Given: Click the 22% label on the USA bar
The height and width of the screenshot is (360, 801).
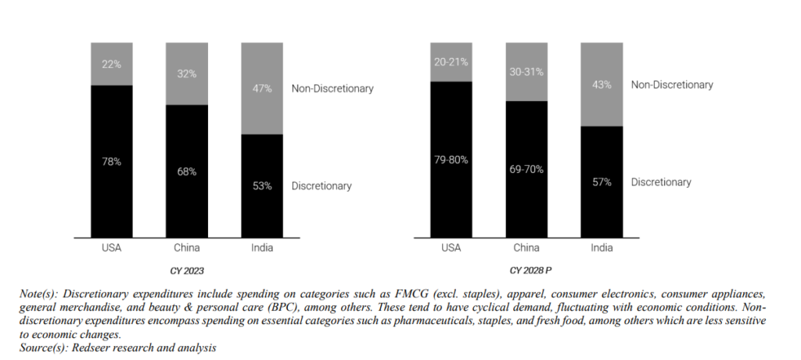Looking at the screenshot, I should pyautogui.click(x=111, y=64).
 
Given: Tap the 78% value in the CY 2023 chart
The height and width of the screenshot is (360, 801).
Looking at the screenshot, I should pyautogui.click(x=111, y=161).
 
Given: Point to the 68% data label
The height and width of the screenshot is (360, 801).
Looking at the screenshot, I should pyautogui.click(x=186, y=171).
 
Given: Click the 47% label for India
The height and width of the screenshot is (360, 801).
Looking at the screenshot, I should pyautogui.click(x=262, y=88).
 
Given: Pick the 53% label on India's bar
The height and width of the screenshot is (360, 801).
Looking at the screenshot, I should pyautogui.click(x=262, y=185).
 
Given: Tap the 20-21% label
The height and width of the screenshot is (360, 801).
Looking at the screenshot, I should pyautogui.click(x=451, y=61).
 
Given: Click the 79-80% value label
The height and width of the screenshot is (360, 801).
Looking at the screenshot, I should pyautogui.click(x=451, y=160).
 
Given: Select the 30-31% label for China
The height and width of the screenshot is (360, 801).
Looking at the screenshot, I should pyautogui.click(x=526, y=71).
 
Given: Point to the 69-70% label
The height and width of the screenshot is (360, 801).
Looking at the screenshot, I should pyautogui.click(x=526, y=168).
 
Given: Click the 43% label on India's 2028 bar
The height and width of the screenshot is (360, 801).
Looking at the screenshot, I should pyautogui.click(x=602, y=85).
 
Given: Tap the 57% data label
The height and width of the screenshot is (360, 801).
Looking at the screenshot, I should pyautogui.click(x=602, y=182).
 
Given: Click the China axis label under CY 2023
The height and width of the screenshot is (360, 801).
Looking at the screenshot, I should pyautogui.click(x=186, y=248).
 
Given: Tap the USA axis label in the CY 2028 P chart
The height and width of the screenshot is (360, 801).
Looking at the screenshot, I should pyautogui.click(x=451, y=248).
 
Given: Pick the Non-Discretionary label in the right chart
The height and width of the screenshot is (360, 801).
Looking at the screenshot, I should pyautogui.click(x=672, y=85).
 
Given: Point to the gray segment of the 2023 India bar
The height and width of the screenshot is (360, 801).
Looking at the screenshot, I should pyautogui.click(x=262, y=110).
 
